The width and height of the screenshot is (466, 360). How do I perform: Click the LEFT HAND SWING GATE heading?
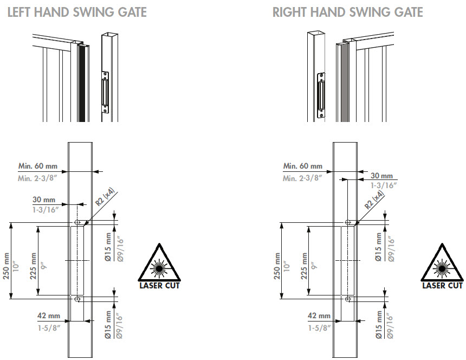[x=76, y=11]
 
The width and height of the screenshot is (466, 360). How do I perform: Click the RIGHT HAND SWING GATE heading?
[x=347, y=11]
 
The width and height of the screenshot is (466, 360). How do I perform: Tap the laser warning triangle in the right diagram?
[x=442, y=264]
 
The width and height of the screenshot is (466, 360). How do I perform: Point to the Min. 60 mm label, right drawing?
[x=302, y=166]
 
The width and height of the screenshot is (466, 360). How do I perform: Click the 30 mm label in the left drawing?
[x=47, y=200]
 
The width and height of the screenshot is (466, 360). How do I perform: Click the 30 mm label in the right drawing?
[x=382, y=176]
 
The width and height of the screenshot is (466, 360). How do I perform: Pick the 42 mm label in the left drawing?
[x=49, y=316]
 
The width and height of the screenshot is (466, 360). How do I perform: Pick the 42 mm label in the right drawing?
[x=319, y=316]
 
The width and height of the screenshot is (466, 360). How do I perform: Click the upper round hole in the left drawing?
[x=77, y=222]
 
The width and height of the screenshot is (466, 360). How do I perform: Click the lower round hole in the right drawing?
[x=347, y=298]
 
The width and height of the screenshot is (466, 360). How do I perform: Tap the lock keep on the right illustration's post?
[x=321, y=95]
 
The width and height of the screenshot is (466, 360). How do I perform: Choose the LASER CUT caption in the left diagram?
[x=159, y=285]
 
